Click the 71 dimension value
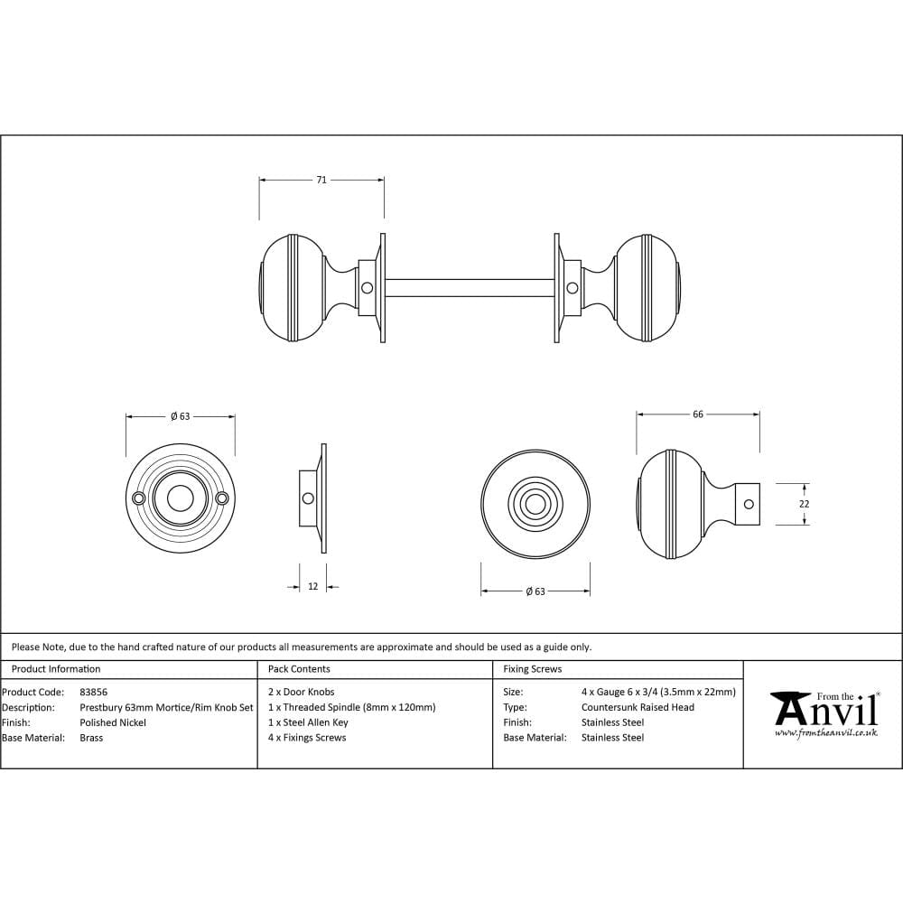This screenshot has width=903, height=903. (x=321, y=180)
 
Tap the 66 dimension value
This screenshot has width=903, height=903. (x=698, y=414)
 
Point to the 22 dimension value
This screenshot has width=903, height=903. (x=804, y=504)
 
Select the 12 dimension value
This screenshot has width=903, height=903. (x=313, y=587)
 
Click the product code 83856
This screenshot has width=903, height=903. (x=94, y=692)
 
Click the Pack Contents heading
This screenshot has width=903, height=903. (x=299, y=669)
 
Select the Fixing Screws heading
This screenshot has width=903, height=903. (x=533, y=669)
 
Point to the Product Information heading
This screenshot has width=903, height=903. (x=56, y=669)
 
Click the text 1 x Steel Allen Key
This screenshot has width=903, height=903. (x=308, y=722)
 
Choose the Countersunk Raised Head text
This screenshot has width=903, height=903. (x=638, y=707)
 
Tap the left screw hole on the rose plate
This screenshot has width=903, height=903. (x=138, y=498)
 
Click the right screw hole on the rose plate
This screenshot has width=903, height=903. (x=222, y=498)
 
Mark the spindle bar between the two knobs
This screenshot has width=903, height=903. (x=470, y=288)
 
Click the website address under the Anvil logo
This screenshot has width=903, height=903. (x=825, y=732)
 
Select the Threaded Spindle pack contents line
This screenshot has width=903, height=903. (x=352, y=707)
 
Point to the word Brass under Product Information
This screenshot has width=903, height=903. (x=91, y=738)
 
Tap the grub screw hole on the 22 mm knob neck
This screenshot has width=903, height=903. (x=748, y=504)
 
